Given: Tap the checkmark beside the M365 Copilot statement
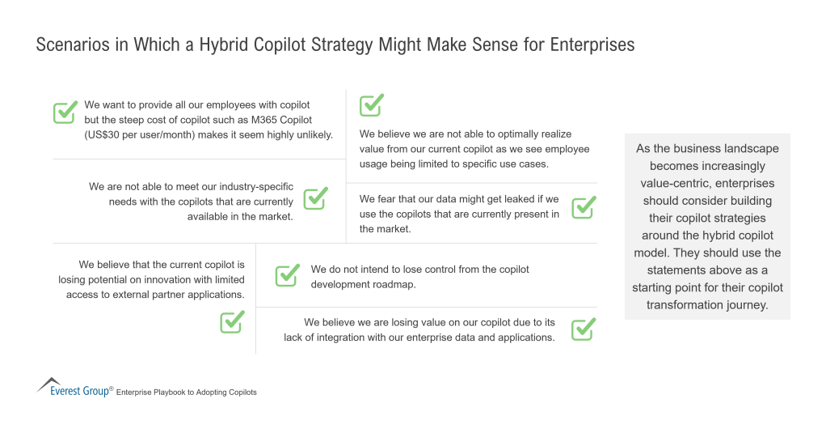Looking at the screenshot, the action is [x=65, y=112].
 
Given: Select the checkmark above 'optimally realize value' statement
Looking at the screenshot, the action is [x=372, y=105].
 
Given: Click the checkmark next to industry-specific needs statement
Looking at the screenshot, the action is [x=315, y=198].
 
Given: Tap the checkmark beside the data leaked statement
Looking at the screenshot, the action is [x=584, y=207].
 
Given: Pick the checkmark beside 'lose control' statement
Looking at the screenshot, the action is [x=288, y=275].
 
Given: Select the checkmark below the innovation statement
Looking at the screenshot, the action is [x=232, y=322].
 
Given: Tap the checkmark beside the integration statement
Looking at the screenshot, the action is [x=584, y=329].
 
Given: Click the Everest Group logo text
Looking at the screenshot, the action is [x=79, y=391].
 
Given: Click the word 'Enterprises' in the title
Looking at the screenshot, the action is [x=592, y=45].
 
